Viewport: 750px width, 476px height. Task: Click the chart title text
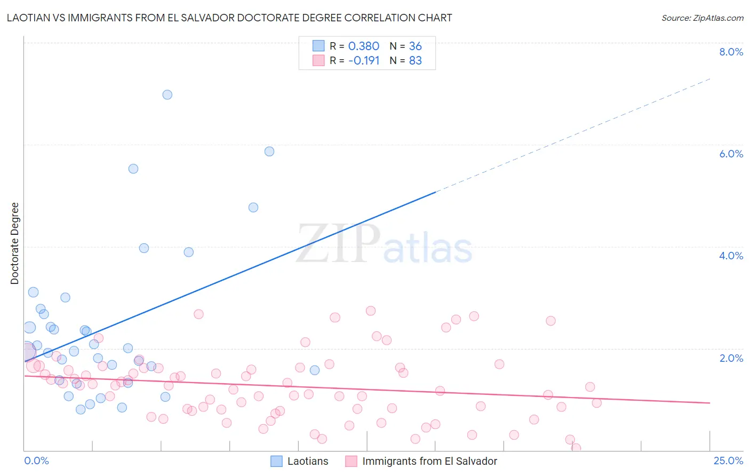click(229, 18)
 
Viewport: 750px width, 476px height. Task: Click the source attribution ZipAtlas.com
click(702, 18)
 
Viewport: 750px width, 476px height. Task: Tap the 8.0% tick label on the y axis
click(731, 52)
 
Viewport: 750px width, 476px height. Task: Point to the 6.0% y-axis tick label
click(731, 154)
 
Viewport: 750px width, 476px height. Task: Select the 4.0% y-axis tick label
click(731, 256)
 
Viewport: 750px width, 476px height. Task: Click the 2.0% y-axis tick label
click(731, 358)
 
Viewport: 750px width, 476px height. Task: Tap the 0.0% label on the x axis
click(36, 461)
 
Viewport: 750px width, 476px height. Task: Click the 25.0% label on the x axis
click(728, 461)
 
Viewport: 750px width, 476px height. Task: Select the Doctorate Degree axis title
click(14, 243)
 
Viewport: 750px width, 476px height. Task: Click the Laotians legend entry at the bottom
click(308, 461)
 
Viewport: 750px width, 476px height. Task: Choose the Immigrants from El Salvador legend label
click(429, 461)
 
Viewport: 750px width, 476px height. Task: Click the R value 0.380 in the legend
click(363, 46)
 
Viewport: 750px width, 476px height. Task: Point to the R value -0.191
click(363, 61)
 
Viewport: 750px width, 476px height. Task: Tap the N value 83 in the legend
click(415, 61)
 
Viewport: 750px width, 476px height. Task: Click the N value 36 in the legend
click(415, 46)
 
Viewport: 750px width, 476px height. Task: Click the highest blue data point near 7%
click(167, 94)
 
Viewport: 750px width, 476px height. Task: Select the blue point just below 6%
click(269, 152)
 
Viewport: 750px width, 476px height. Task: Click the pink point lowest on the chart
click(576, 448)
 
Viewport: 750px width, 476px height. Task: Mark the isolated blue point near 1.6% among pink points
click(315, 370)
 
